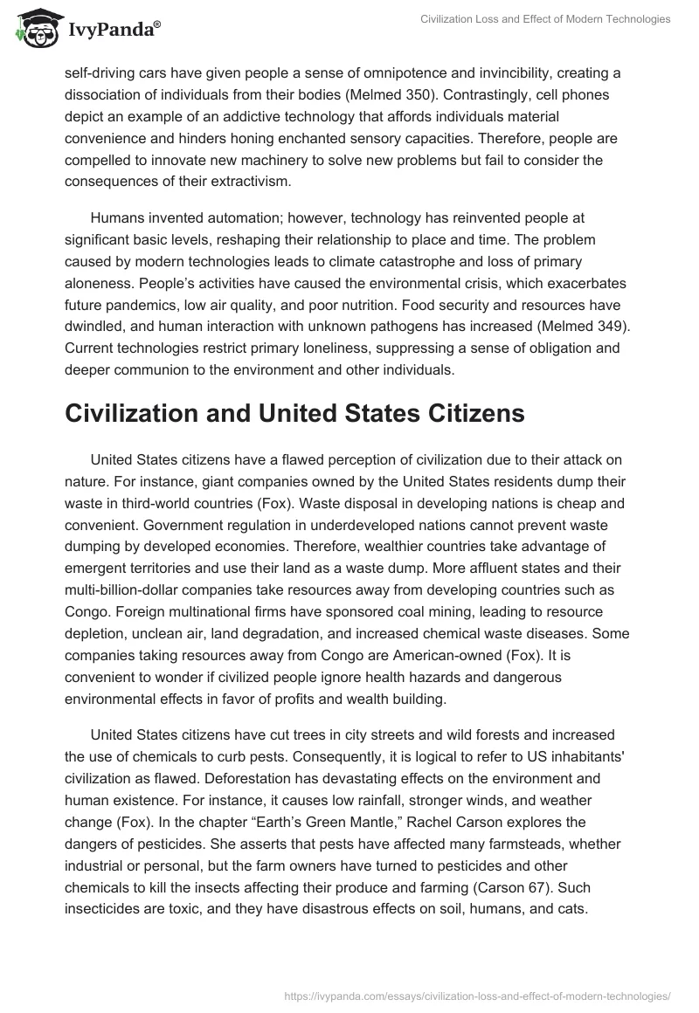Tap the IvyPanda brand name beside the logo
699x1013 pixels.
[113, 31]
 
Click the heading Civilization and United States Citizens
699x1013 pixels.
[294, 413]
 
